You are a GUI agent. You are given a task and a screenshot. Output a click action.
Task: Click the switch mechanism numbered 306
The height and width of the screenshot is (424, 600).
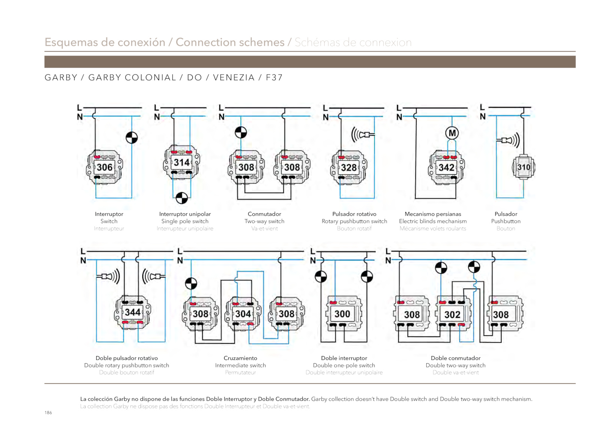(105, 167)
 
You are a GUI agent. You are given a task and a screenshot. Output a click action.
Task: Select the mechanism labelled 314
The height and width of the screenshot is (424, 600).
(181, 162)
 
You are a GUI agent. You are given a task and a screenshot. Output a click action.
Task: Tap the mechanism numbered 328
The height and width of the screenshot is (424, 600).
(349, 168)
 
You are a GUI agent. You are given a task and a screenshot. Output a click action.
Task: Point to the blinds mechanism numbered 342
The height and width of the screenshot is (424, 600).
(446, 168)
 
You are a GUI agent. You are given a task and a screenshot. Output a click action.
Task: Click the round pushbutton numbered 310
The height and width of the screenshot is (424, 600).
(523, 167)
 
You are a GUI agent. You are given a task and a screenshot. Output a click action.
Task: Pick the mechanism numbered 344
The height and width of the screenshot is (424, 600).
(133, 312)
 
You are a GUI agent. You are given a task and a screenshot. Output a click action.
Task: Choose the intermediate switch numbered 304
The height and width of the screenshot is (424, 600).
(243, 314)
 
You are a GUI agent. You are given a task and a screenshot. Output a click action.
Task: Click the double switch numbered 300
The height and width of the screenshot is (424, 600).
(343, 314)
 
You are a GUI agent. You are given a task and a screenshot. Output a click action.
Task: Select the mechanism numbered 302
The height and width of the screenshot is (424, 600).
(452, 314)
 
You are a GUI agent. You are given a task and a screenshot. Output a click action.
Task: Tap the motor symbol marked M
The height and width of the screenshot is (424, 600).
(452, 133)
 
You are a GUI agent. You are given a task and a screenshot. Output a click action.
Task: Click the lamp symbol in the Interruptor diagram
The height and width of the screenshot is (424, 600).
(132, 138)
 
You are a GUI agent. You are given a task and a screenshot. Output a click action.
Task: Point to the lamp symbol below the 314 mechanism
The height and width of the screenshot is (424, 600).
(181, 198)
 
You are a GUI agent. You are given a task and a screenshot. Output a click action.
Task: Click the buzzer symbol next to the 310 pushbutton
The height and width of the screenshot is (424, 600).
(508, 140)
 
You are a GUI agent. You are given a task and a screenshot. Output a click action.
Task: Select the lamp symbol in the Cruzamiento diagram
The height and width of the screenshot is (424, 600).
(191, 284)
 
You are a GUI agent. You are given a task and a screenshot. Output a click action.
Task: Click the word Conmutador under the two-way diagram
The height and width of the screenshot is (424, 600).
(264, 214)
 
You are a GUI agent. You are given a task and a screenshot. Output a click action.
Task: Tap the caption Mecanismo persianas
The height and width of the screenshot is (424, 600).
(433, 214)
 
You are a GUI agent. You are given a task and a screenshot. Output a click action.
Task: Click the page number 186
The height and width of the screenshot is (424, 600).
(48, 412)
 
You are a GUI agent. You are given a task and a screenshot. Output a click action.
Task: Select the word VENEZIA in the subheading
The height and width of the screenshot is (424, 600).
(234, 77)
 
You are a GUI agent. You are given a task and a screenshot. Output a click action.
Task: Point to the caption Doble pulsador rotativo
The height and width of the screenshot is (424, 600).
(127, 358)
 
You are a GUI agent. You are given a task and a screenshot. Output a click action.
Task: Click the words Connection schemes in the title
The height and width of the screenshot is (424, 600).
(230, 42)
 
